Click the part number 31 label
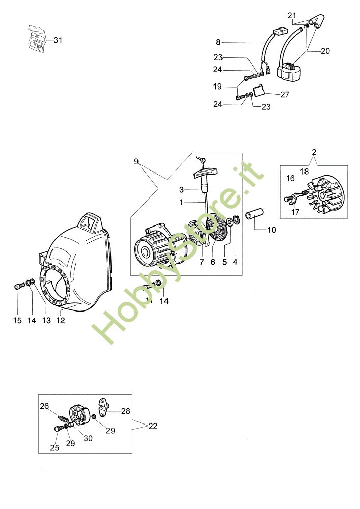58,40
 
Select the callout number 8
218,42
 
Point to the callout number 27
285,94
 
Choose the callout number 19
218,87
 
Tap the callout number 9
136,161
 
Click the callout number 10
271,230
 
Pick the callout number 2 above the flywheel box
314,152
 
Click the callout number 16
290,178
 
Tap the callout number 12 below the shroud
61,320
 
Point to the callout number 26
44,406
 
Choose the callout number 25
54,448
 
